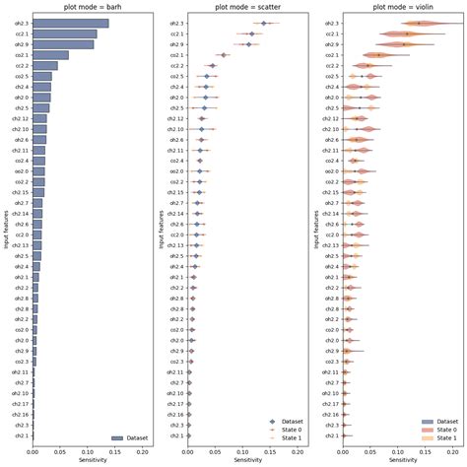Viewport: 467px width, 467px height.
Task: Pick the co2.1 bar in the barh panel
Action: [51, 55]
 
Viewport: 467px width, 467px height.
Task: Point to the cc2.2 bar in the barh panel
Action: [45, 66]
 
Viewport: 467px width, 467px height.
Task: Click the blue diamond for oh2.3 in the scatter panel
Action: [263, 22]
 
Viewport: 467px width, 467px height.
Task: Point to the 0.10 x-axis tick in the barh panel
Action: [88, 452]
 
